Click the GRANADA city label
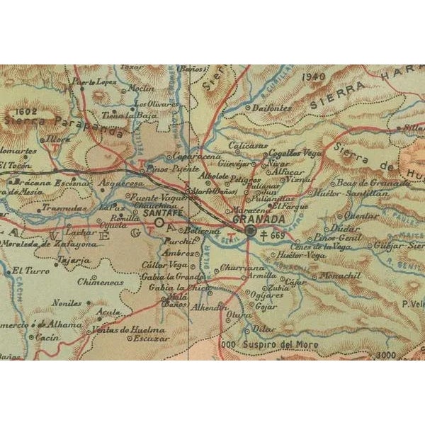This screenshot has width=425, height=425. pyautogui.click(x=252, y=220)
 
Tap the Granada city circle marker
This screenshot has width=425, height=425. pyautogui.click(x=250, y=231)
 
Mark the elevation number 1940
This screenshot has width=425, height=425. pyautogui.click(x=312, y=77)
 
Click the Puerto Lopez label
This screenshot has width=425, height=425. pyautogui.click(x=94, y=81)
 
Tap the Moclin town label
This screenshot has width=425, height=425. pyautogui.click(x=142, y=89)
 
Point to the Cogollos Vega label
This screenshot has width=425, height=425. pyautogui.click(x=297, y=152)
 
